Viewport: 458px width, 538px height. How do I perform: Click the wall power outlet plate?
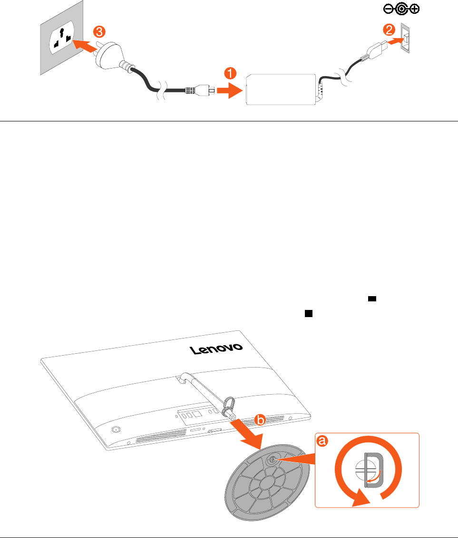[59, 38]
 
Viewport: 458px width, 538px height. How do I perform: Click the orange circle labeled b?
[260, 420]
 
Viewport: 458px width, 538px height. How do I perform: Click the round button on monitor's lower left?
[115, 428]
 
